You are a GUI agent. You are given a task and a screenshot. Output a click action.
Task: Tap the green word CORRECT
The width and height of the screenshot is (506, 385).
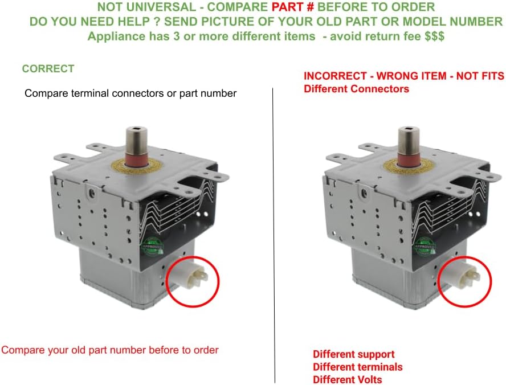(x=48, y=69)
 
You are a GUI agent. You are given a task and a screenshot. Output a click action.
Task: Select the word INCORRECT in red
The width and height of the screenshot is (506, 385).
(x=334, y=76)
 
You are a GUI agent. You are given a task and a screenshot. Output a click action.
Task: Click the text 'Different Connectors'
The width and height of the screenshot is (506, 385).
(x=356, y=89)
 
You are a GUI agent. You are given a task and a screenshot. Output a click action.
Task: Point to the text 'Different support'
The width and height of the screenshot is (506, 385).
(x=353, y=354)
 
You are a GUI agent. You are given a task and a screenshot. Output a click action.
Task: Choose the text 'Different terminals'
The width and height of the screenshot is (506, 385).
(x=357, y=367)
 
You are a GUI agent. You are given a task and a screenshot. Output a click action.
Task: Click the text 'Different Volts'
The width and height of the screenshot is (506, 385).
(x=347, y=379)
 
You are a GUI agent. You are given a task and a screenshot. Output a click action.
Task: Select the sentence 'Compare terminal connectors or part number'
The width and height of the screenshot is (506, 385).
(x=130, y=93)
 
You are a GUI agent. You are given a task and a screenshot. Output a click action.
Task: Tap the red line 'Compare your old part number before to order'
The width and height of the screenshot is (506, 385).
(x=110, y=350)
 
